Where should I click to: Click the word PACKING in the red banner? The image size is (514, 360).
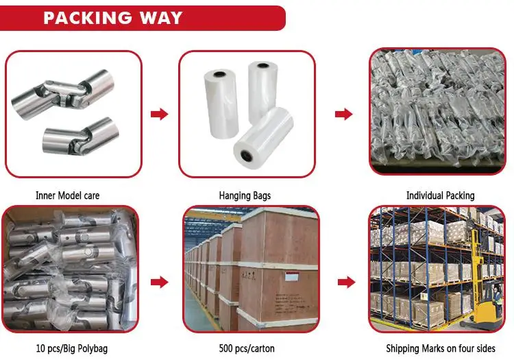(93, 16)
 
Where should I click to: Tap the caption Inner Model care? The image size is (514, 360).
(67, 195)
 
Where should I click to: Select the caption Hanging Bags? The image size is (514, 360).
(245, 195)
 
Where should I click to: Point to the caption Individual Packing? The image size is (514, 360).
(440, 195)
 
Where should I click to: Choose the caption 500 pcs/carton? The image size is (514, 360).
(251, 349)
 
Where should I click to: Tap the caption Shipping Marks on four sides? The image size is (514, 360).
(441, 349)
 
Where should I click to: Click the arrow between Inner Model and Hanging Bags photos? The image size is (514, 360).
(160, 114)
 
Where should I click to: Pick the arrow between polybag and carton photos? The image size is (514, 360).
(160, 282)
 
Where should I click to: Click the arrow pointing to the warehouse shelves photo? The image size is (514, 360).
(347, 282)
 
